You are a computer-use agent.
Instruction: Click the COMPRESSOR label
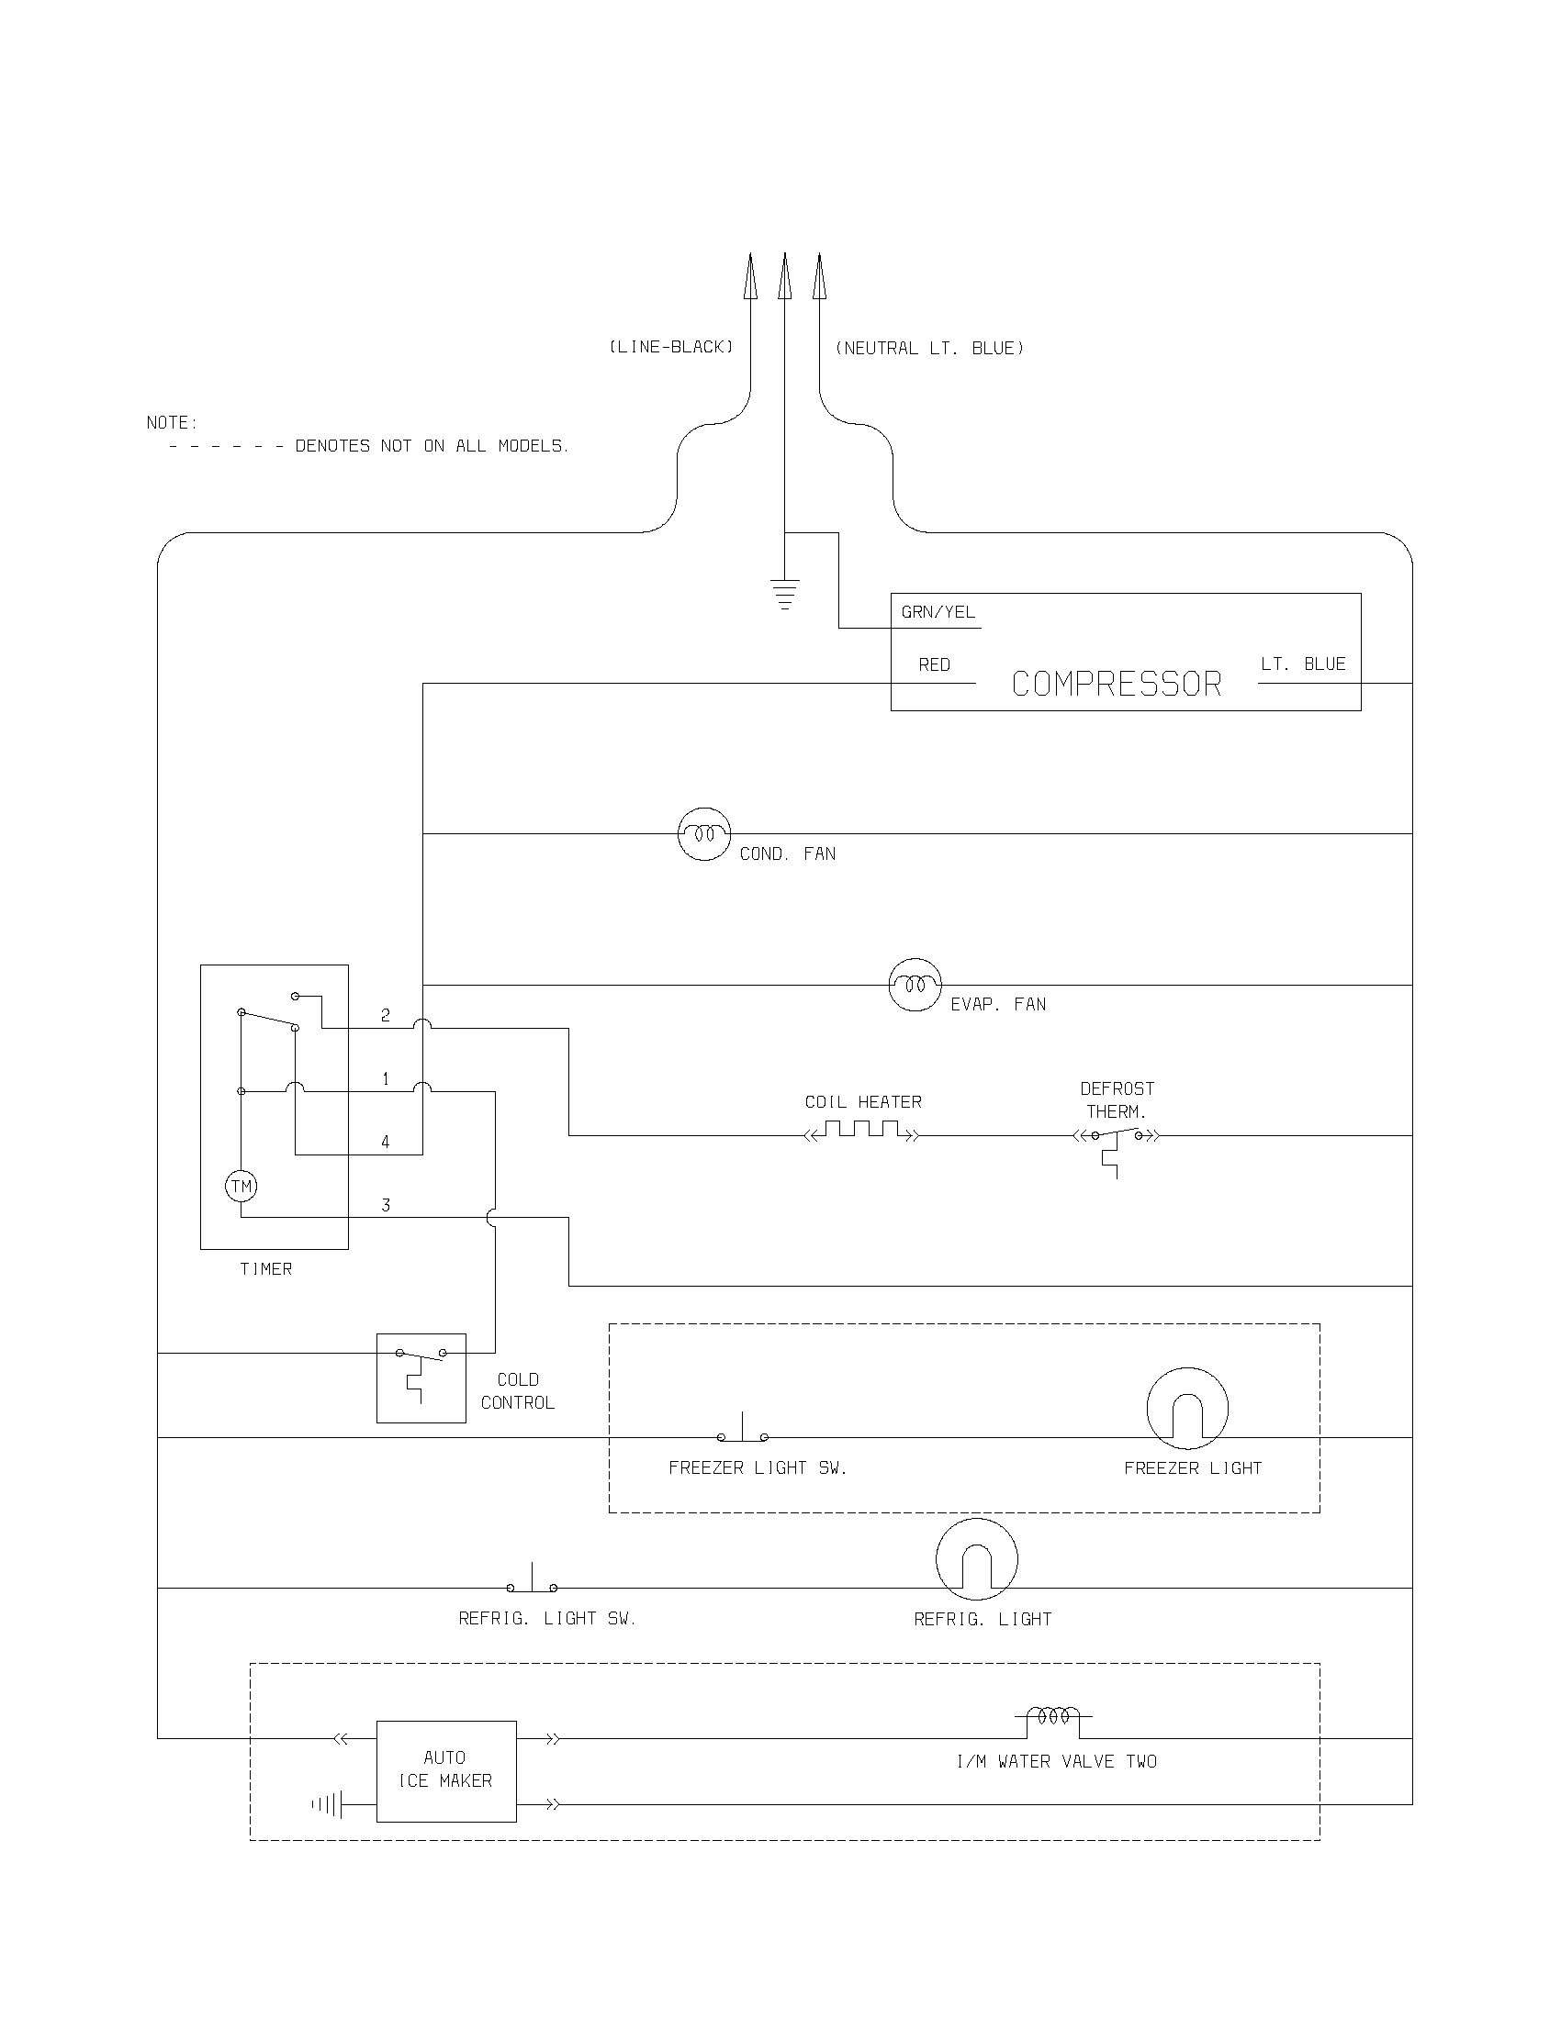[1117, 684]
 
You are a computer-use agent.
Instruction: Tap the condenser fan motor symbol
[704, 834]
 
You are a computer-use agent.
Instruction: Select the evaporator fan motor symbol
[915, 985]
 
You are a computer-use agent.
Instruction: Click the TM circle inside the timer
[241, 1186]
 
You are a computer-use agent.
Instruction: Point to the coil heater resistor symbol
[862, 1131]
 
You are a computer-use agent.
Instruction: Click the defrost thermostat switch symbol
[1117, 1141]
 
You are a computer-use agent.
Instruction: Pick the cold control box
[421, 1378]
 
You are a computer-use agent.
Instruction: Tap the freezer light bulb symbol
[1187, 1408]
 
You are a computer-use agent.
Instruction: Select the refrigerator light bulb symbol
[977, 1558]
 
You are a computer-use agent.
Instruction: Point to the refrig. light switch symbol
[532, 1582]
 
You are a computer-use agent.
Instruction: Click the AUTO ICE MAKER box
[445, 1770]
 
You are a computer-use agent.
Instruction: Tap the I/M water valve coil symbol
[1053, 1718]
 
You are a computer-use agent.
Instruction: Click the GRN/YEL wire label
[938, 612]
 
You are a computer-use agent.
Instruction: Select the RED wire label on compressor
[934, 664]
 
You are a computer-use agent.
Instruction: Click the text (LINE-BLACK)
[670, 347]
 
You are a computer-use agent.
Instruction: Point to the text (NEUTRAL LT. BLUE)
[929, 349]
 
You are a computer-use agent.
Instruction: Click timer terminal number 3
[386, 1206]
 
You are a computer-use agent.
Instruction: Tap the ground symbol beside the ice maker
[329, 1803]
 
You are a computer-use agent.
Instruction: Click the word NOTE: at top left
[172, 422]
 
